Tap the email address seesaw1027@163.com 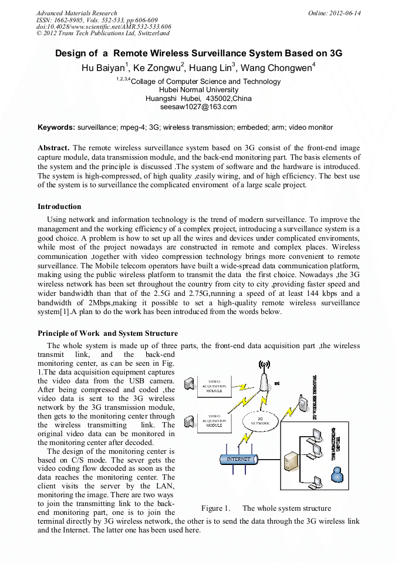(198, 107)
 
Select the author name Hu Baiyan (103, 68)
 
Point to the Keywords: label (56, 127)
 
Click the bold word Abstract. (53, 148)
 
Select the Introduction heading (59, 207)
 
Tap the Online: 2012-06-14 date (334, 13)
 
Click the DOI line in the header (104, 27)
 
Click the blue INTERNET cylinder (238, 459)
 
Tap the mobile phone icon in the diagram (302, 404)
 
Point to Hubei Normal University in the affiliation (198, 90)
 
